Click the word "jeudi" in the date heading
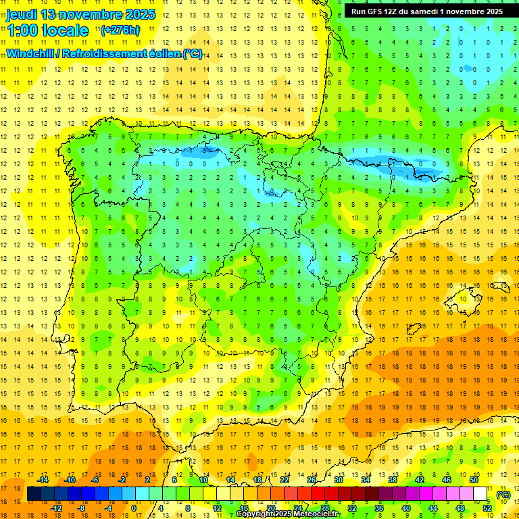(22, 14)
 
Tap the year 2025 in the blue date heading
(139, 14)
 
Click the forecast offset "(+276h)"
(120, 30)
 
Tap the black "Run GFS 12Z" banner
(426, 11)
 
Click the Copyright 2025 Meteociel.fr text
(287, 514)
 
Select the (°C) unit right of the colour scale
(503, 495)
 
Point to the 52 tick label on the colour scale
(487, 508)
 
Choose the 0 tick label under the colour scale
(134, 508)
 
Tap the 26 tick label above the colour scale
(312, 480)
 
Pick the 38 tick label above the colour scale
(392, 480)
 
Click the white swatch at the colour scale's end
(480, 494)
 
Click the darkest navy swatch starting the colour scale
(34, 494)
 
